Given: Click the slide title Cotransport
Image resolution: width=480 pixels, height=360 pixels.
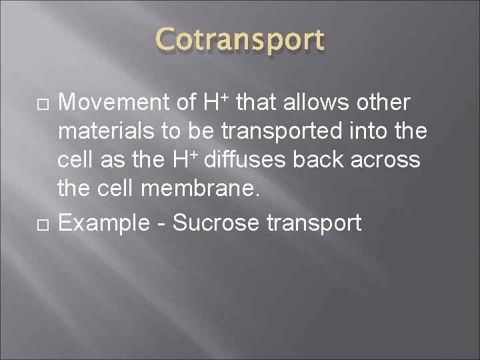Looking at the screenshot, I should tap(240, 40).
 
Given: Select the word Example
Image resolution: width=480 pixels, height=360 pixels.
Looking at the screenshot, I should tap(103, 222).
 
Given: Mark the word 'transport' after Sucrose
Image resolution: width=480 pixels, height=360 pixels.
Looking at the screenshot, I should tap(314, 223).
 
